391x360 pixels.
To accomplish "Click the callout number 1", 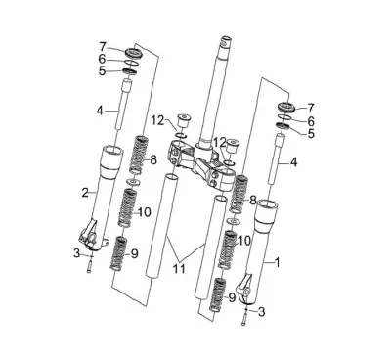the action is coord(278,262).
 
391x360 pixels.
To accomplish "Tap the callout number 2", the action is coord(85,193).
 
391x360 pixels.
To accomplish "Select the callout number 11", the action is coord(179,269).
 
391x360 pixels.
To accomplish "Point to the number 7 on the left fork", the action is coord(103,47).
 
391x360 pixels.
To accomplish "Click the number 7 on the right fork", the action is coord(311,108).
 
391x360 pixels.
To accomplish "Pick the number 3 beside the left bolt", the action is coord(76,252).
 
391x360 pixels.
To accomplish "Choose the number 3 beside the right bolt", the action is coord(261,312).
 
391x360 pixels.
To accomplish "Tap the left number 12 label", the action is coord(158,121).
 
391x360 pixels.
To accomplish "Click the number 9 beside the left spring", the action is coord(135,253).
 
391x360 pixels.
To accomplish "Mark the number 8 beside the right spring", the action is coord(253,201).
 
